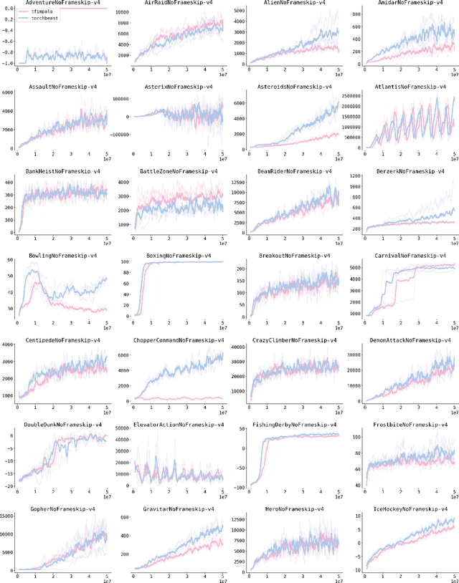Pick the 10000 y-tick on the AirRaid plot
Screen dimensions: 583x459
[121, 14]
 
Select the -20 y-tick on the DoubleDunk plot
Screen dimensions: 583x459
[9, 486]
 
